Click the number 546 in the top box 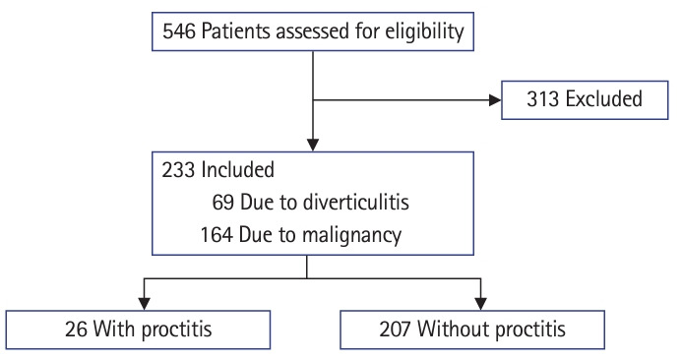(179, 31)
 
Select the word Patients (235, 31)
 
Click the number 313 (543, 99)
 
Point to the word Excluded (603, 98)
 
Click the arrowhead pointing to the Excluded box (495, 100)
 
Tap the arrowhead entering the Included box (313, 145)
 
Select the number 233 (178, 169)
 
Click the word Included (237, 169)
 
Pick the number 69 (223, 203)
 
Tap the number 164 (217, 235)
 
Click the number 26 (76, 330)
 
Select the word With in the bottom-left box (115, 329)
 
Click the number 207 (395, 330)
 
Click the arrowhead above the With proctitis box (144, 304)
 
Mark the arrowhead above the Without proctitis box (480, 304)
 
